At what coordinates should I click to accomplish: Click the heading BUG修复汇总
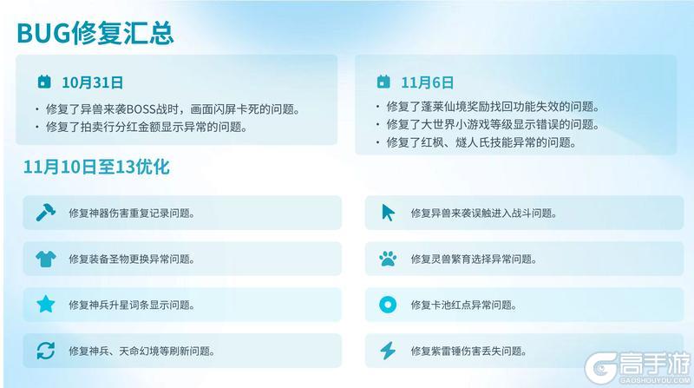[x=95, y=32]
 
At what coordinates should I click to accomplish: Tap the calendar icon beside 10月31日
[x=44, y=82]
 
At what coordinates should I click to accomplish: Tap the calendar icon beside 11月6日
[x=383, y=82]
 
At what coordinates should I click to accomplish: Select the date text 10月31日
[x=92, y=82]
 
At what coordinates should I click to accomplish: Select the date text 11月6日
[x=427, y=82]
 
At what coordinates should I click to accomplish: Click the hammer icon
[x=45, y=213]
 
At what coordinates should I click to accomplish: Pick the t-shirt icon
[x=45, y=259]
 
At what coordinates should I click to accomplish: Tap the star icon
[x=45, y=305]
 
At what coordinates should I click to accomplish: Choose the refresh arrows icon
[x=45, y=351]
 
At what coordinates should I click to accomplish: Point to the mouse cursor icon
[x=388, y=213]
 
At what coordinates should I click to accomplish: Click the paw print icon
[x=388, y=259]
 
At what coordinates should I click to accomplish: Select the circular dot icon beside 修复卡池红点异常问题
[x=388, y=305]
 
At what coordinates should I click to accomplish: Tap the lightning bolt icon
[x=388, y=351]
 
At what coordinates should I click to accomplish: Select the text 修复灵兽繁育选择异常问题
[x=473, y=259]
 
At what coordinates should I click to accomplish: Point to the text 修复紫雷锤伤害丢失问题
[x=468, y=351]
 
